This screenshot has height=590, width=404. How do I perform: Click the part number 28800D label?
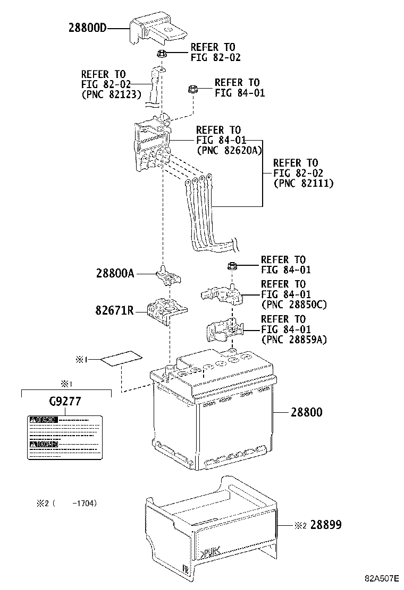tap(87, 28)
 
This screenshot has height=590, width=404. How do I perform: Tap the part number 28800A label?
tap(115, 274)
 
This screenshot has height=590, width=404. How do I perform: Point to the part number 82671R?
tap(114, 310)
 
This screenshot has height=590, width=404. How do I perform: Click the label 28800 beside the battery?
tap(305, 412)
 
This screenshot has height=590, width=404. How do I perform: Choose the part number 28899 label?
tap(325, 525)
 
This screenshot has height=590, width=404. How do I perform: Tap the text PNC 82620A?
tap(229, 150)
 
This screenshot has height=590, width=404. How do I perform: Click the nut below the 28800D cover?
tap(163, 53)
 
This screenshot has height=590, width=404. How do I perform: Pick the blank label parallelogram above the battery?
tap(121, 360)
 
